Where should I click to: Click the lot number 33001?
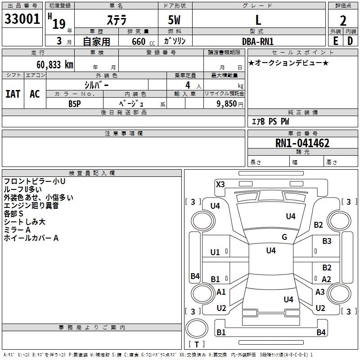click(22, 19)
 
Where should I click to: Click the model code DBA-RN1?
click(258, 41)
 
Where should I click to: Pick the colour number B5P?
click(75, 103)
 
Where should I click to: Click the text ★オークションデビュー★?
click(288, 63)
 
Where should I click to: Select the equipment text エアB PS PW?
click(270, 121)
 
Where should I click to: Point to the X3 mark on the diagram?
click(220, 184)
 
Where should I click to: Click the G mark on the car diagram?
click(284, 237)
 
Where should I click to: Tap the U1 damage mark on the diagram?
click(215, 252)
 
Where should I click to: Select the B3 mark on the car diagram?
click(327, 241)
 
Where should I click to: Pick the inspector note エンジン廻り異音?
click(31, 206)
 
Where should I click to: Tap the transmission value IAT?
click(13, 94)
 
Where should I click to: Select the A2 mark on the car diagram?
click(327, 279)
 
